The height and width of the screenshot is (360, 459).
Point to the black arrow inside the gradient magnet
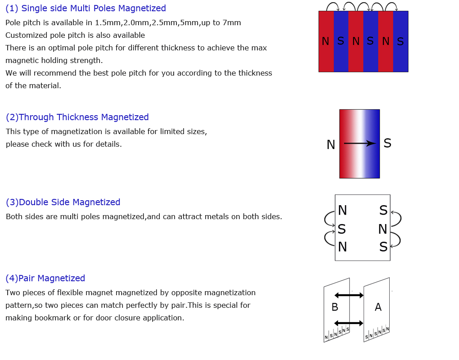(x=360, y=144)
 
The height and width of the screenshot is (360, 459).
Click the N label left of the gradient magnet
(x=331, y=144)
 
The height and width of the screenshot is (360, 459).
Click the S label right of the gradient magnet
(x=387, y=143)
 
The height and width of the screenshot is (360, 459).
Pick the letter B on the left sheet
(x=335, y=307)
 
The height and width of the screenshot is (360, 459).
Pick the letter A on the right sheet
(x=378, y=307)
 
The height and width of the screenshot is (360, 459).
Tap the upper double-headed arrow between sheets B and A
(x=349, y=295)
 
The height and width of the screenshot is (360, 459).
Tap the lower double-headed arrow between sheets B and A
(x=349, y=323)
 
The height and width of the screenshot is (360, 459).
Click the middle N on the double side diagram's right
(x=382, y=229)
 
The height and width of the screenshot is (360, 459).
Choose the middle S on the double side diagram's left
(x=342, y=229)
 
